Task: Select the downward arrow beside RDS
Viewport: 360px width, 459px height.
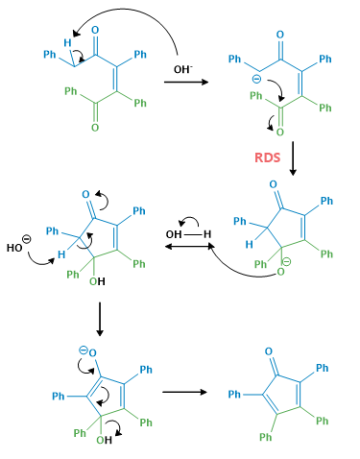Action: (292, 157)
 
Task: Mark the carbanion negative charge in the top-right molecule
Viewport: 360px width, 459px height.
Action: (254, 80)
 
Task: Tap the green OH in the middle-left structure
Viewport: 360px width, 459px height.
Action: (97, 281)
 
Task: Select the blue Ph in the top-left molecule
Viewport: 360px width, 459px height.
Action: (51, 55)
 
